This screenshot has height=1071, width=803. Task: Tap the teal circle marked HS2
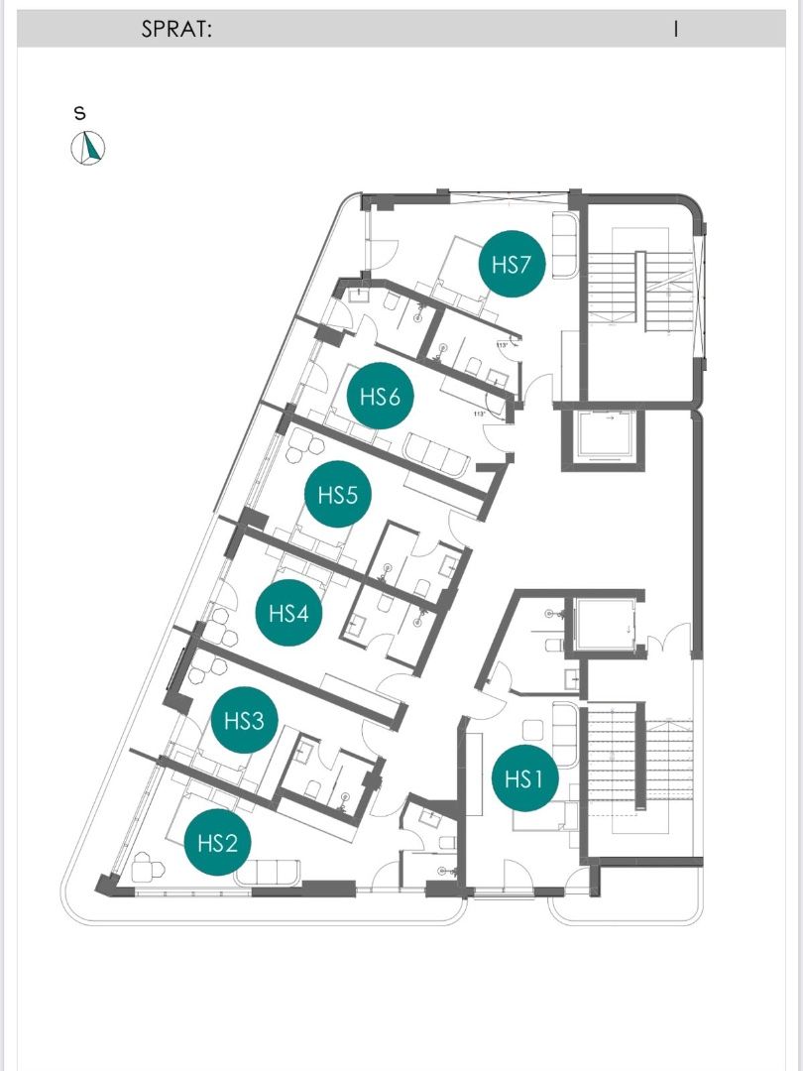click(x=217, y=843)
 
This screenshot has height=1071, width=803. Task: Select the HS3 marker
click(x=244, y=720)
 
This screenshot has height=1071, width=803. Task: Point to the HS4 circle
click(x=288, y=613)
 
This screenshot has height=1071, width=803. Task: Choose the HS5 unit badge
click(x=337, y=494)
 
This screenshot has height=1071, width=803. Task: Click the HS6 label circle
click(x=380, y=397)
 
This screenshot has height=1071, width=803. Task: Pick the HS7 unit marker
click(x=512, y=265)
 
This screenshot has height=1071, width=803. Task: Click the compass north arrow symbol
click(x=88, y=149)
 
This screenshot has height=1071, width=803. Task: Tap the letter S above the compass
click(x=80, y=113)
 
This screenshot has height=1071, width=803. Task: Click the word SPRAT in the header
click(x=177, y=30)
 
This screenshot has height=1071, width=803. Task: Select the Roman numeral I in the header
click(x=675, y=30)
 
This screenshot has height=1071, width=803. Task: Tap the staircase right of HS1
click(x=639, y=769)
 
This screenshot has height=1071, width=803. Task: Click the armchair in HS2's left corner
click(x=149, y=869)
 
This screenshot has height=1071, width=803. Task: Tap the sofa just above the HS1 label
click(x=563, y=732)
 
